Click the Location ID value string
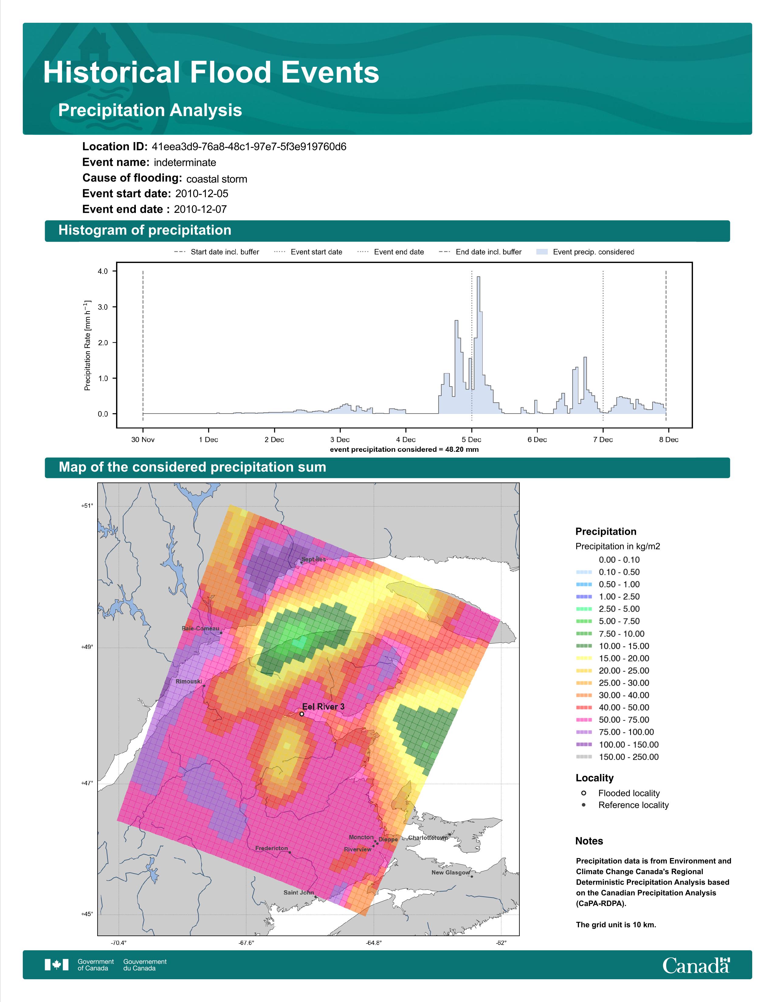point(249,147)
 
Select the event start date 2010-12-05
point(201,194)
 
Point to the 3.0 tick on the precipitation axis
point(103,307)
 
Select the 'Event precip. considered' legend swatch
point(542,252)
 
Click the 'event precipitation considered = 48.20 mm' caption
point(404,450)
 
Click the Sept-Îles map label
point(314,559)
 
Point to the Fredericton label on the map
point(271,848)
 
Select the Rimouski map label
point(189,681)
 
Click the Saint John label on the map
point(298,892)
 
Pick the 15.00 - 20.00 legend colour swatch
point(584,658)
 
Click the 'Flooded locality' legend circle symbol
point(584,793)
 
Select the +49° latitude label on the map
point(87,647)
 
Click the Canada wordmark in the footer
point(696,966)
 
